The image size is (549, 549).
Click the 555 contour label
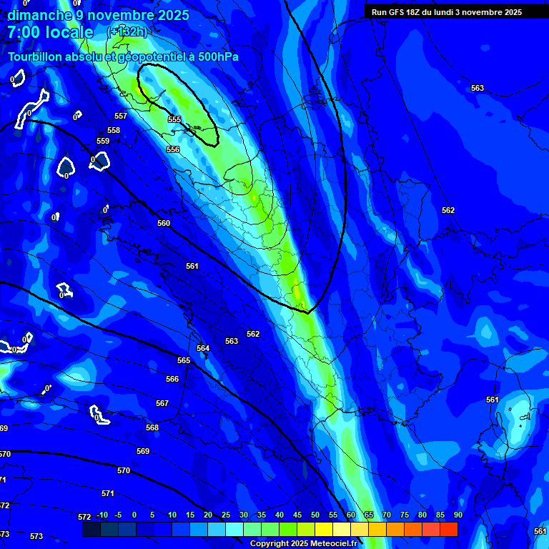pos(174,119)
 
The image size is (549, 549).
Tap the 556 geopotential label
pos(173,149)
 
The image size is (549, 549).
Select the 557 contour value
pos(121,116)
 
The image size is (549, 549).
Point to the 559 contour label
pos(103,141)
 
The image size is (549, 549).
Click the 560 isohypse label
pos(164,223)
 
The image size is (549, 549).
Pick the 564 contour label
pos(203,348)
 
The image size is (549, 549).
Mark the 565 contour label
pos(184,360)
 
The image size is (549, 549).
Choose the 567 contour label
pos(162,403)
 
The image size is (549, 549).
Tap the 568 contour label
pos(152,427)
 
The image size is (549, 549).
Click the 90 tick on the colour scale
pos(457,515)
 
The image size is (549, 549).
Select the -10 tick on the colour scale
pos(102,515)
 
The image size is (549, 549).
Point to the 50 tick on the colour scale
pos(315,515)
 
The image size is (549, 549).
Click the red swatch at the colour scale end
pos(449,529)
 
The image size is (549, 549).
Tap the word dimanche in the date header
pos(40,15)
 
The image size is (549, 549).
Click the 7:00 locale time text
pos(50,32)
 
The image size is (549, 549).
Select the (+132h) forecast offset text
pos(127,32)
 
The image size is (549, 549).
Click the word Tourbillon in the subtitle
pos(36,56)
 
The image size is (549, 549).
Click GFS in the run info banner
pos(399,12)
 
